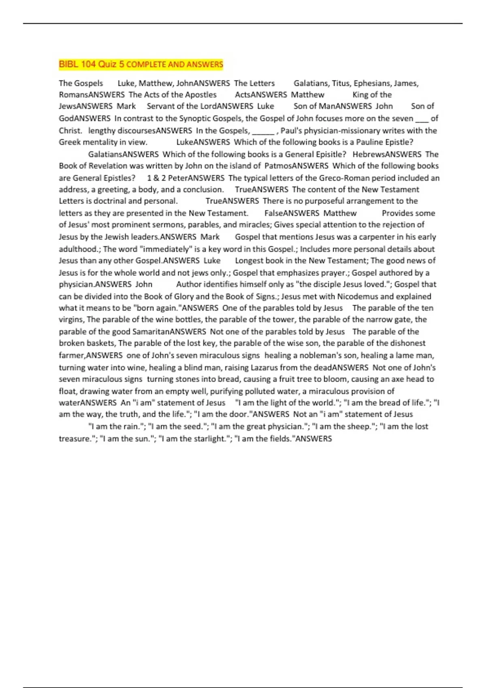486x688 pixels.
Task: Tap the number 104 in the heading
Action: click(x=89, y=64)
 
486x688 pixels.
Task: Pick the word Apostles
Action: click(x=201, y=95)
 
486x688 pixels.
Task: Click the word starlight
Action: click(x=208, y=438)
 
